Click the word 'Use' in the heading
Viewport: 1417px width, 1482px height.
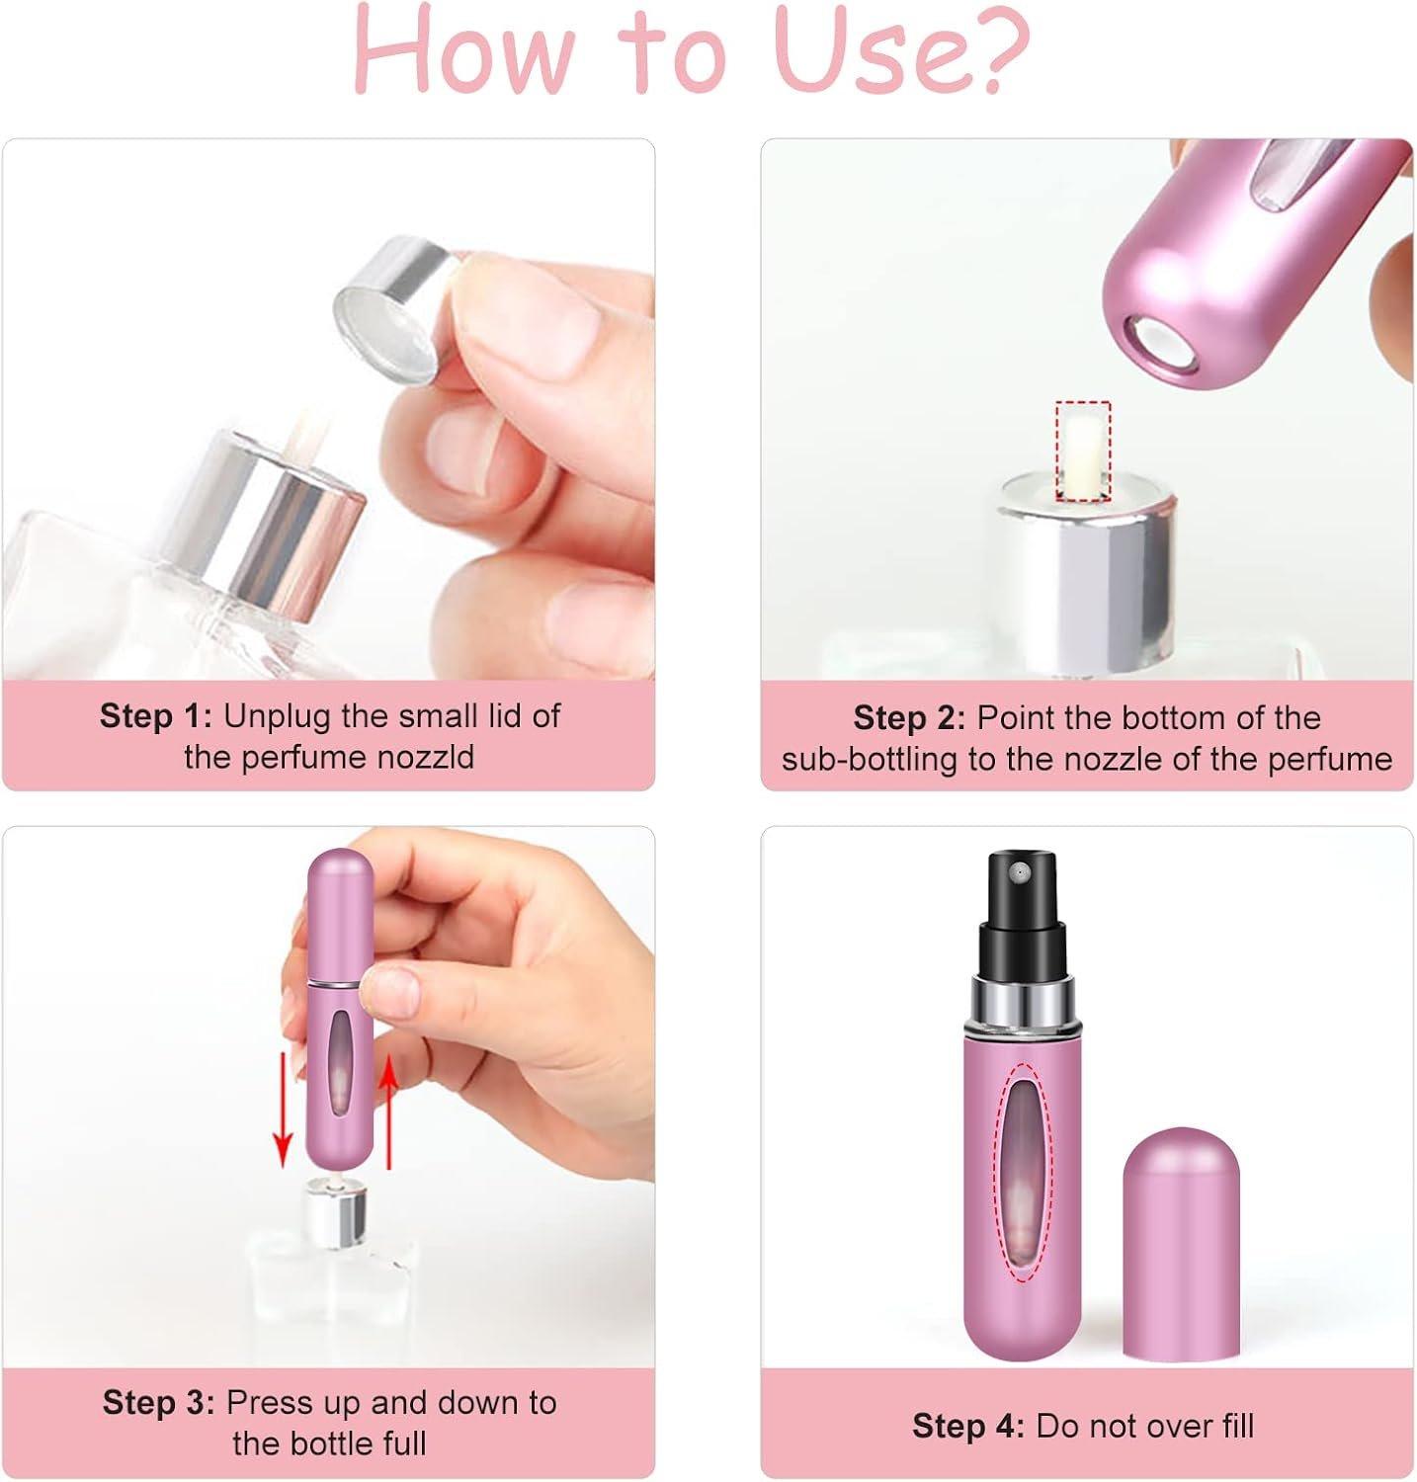click(x=852, y=51)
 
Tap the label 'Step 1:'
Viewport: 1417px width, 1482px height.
click(x=156, y=715)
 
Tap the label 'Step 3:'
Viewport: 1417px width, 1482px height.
click(x=158, y=1402)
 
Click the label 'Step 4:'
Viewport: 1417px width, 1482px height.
click(x=968, y=1426)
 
